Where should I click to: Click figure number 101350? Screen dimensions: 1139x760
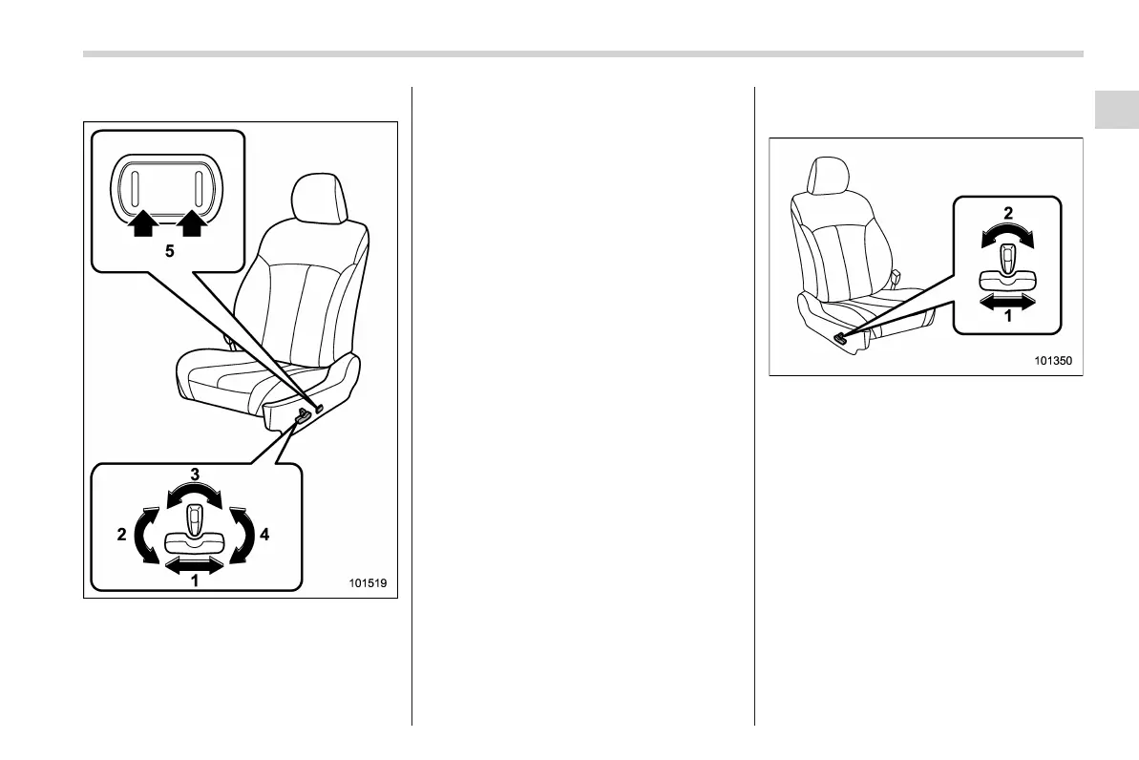coord(1053,362)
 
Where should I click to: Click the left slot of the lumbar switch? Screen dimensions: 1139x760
coord(137,186)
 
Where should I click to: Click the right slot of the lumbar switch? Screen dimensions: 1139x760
coord(200,186)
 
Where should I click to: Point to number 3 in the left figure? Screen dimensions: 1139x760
coord(194,475)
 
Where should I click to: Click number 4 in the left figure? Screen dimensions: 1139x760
coord(264,535)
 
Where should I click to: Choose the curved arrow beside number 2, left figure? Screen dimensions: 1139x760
coord(146,536)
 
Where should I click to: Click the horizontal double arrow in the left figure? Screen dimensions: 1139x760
coord(194,565)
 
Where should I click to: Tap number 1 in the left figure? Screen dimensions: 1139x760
coord(194,581)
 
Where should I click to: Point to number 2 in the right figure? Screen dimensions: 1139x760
coord(1007,214)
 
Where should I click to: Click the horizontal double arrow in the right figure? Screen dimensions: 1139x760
coord(1007,302)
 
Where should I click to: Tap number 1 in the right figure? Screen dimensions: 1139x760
coord(1007,318)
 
